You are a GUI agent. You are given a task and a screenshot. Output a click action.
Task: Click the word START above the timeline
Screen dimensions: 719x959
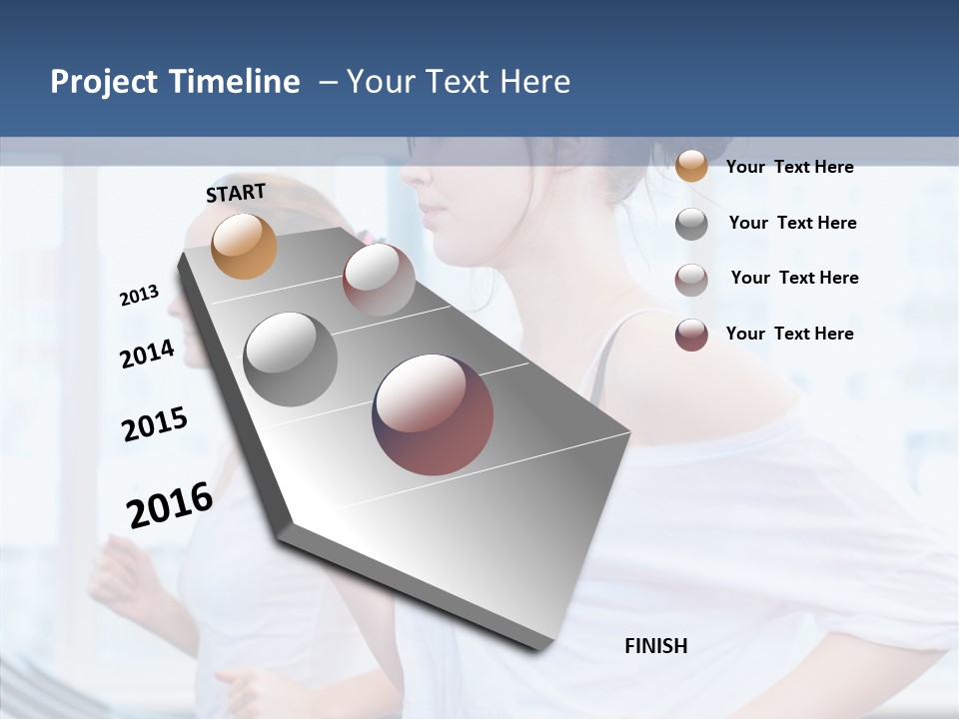236,193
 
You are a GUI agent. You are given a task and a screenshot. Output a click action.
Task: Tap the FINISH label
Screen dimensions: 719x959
656,646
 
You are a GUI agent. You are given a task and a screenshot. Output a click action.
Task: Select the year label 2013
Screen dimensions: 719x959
140,296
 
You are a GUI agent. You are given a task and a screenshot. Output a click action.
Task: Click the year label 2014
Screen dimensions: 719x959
148,355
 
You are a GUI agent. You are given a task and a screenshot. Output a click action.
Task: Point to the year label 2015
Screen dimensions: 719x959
155,424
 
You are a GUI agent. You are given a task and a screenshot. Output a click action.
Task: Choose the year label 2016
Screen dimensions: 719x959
170,504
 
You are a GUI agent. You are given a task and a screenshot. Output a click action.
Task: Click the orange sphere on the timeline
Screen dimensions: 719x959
244,246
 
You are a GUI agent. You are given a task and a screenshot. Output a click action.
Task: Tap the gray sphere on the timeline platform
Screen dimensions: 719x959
291,359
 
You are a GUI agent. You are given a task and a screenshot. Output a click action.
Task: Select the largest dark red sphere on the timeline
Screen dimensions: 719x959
433,414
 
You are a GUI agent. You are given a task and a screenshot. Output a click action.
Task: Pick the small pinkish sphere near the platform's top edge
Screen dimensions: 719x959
379,280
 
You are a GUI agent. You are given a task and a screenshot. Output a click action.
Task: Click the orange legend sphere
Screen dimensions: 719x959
691,166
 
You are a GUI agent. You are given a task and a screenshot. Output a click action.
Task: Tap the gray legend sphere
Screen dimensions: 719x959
691,224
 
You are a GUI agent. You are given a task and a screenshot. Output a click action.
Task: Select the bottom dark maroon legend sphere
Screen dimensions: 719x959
691,335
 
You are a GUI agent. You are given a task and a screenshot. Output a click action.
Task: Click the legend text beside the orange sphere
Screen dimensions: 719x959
789,168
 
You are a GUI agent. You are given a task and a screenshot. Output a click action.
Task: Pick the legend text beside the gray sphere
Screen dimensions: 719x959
792,223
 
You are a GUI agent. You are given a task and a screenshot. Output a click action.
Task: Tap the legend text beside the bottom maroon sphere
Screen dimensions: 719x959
789,334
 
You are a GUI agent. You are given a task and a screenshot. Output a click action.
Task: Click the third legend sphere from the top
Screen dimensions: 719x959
691,280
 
